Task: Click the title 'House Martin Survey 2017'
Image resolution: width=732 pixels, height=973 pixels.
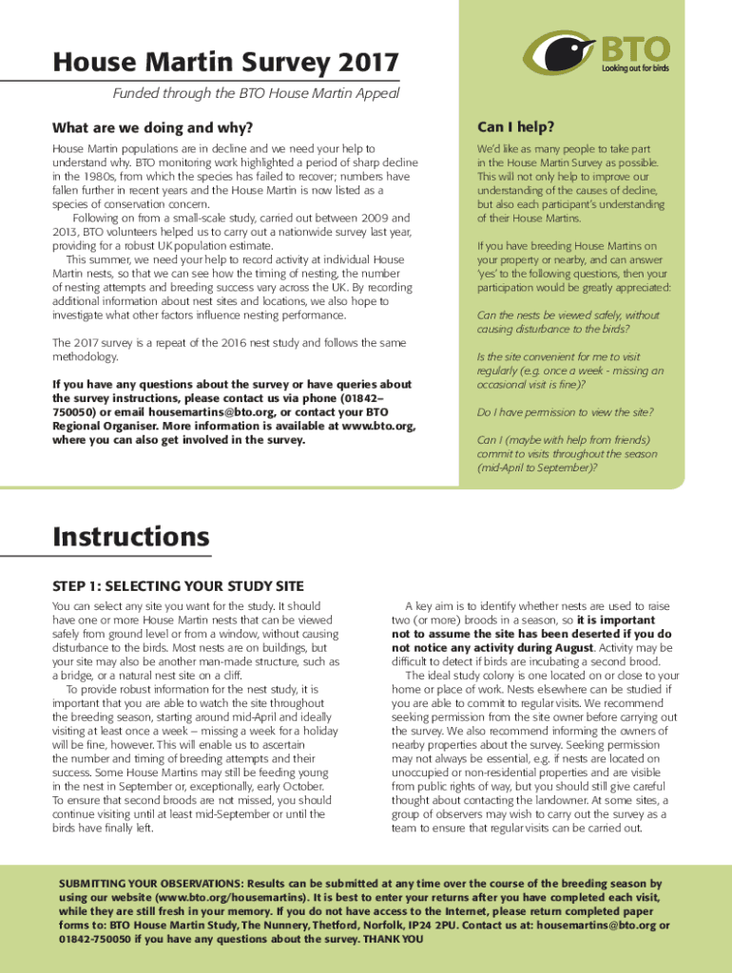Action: click(225, 64)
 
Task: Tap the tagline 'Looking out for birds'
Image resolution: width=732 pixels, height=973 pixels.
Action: click(635, 69)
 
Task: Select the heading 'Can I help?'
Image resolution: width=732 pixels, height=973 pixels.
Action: click(516, 127)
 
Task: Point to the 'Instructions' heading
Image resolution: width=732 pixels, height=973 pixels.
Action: click(131, 537)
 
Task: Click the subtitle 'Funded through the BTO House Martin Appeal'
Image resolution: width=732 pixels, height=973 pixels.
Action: click(256, 93)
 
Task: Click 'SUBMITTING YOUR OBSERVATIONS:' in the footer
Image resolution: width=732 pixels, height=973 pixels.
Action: click(152, 884)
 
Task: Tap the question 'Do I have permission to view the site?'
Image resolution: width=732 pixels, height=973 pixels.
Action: click(565, 411)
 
